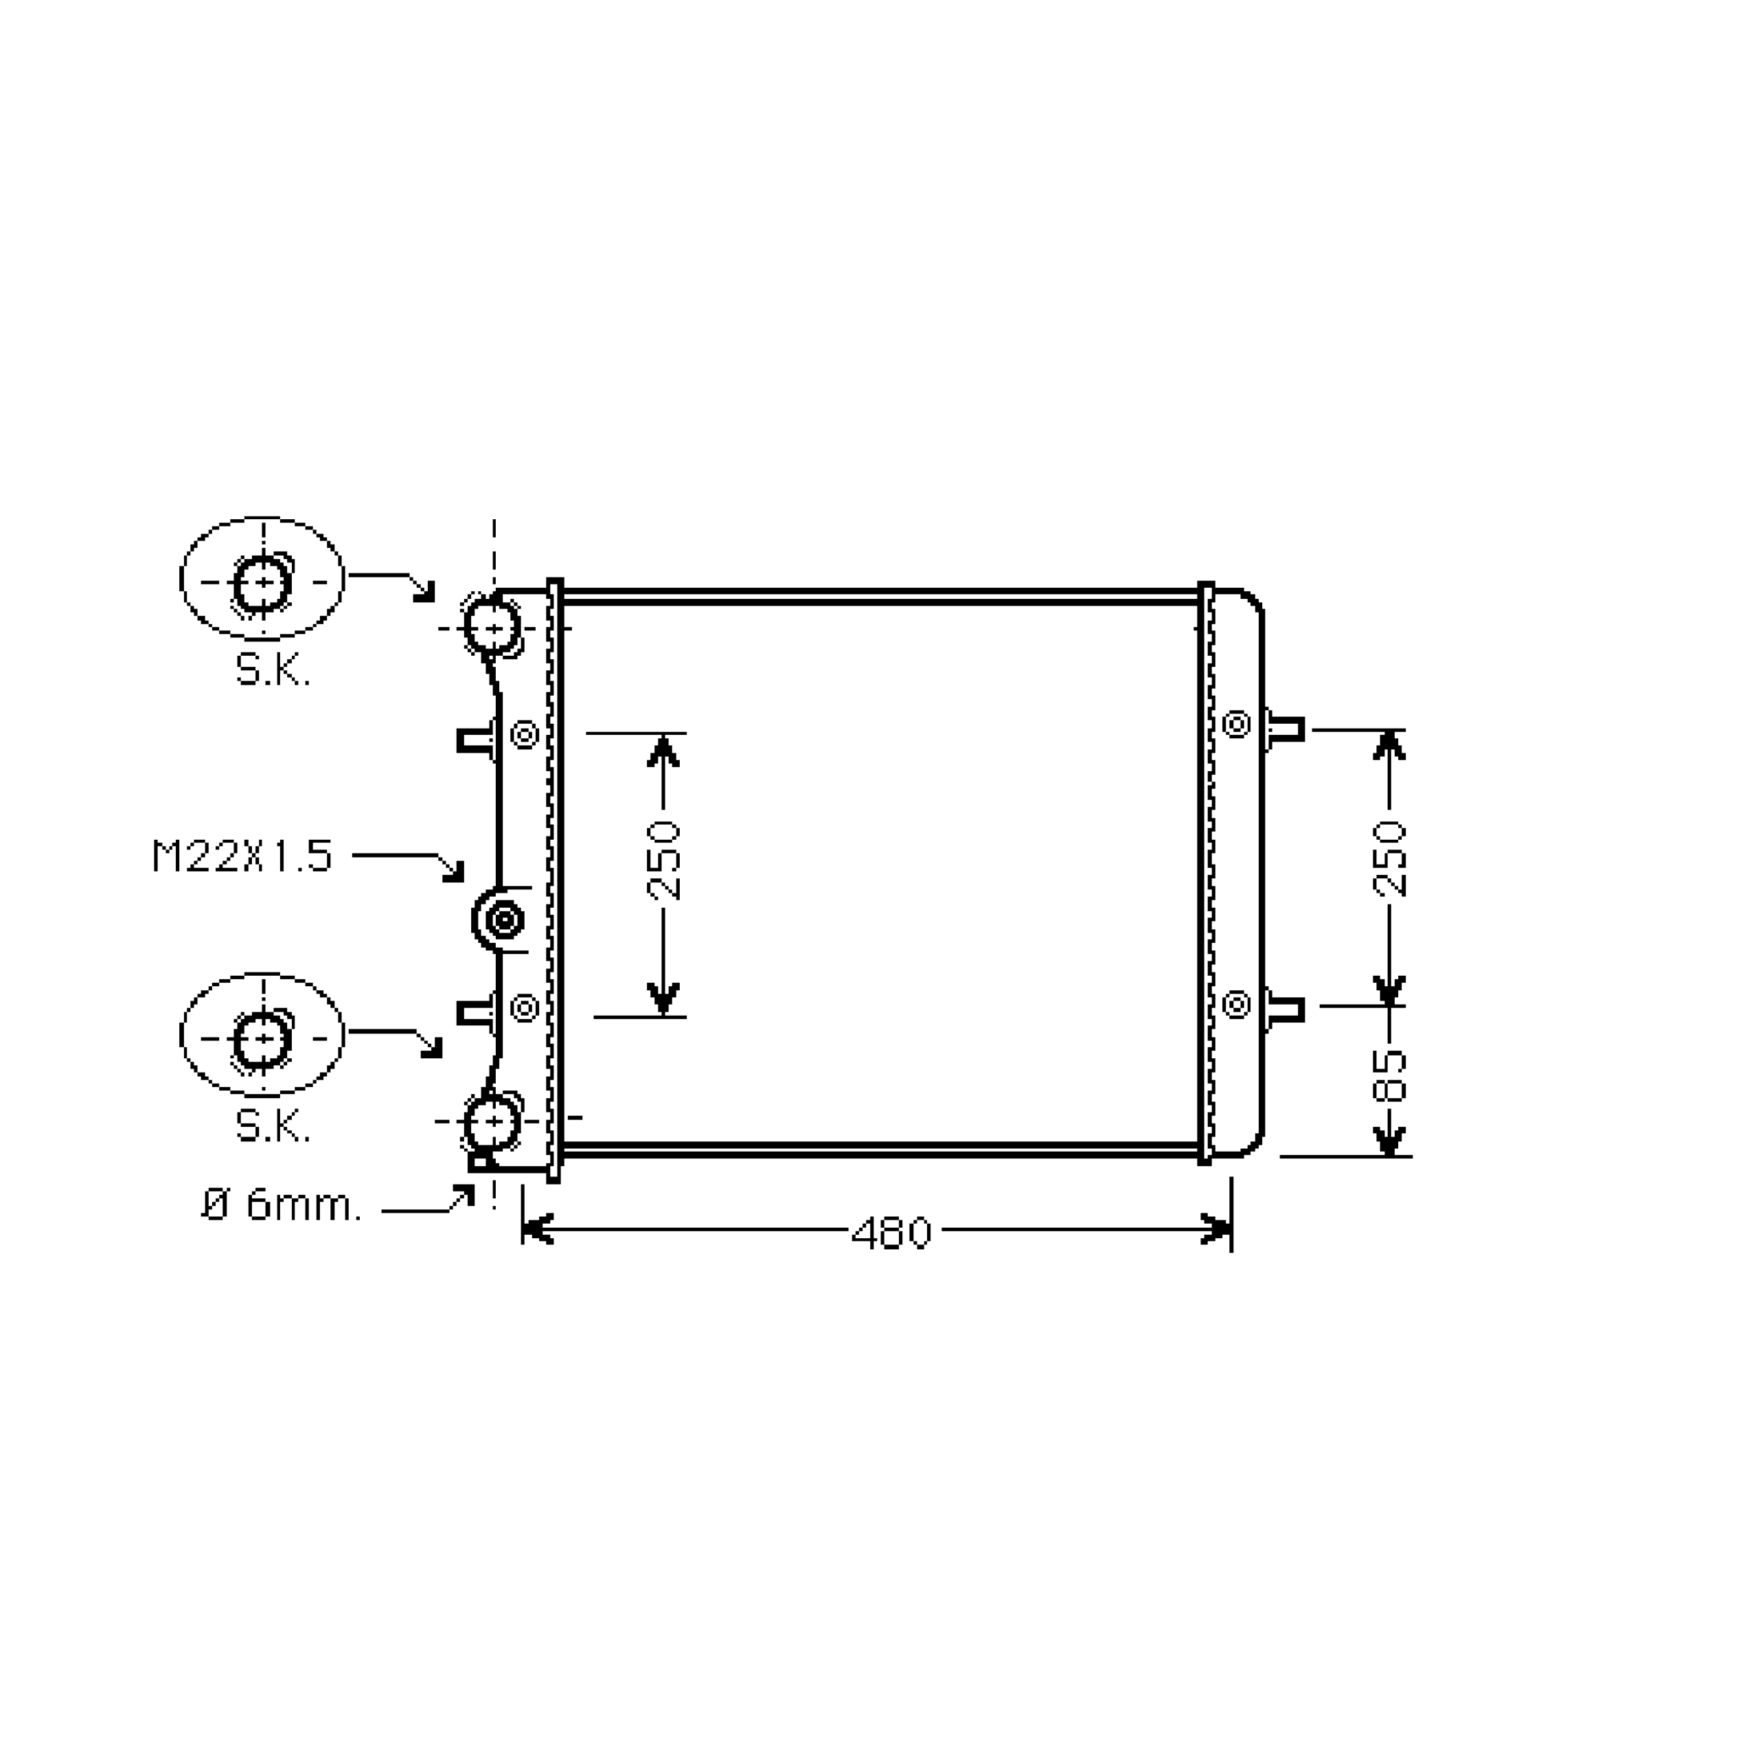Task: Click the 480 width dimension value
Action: point(892,1233)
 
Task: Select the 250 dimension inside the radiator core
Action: point(663,860)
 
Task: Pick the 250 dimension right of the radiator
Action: point(1389,858)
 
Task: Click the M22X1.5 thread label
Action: point(242,856)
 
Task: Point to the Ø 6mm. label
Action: point(281,1206)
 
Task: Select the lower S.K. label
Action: point(273,1126)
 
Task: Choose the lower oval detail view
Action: point(263,975)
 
